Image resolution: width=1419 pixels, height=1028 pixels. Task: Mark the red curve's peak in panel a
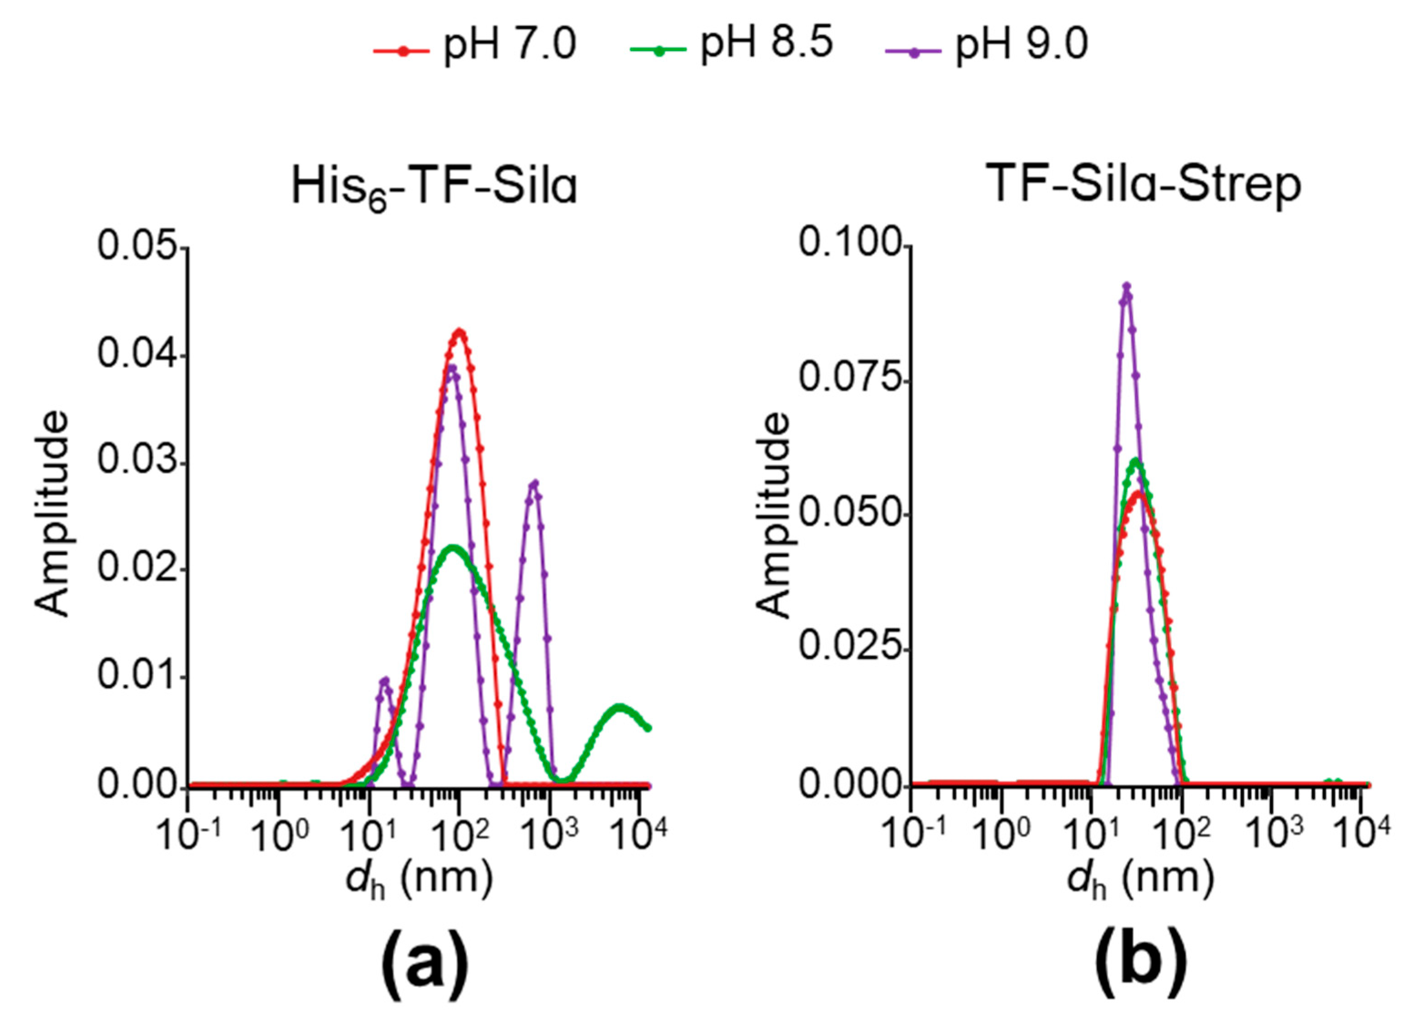[460, 331]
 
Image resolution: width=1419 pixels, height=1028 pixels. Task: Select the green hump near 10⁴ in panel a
[620, 707]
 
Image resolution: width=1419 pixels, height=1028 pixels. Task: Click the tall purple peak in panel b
[1127, 286]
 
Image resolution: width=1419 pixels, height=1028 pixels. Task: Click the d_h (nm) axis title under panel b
[1140, 880]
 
